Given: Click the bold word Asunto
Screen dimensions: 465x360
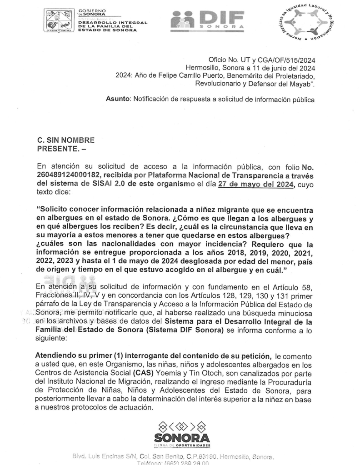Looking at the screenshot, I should coord(118,98).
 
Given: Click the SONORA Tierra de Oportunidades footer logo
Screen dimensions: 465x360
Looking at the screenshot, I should coord(182,434).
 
